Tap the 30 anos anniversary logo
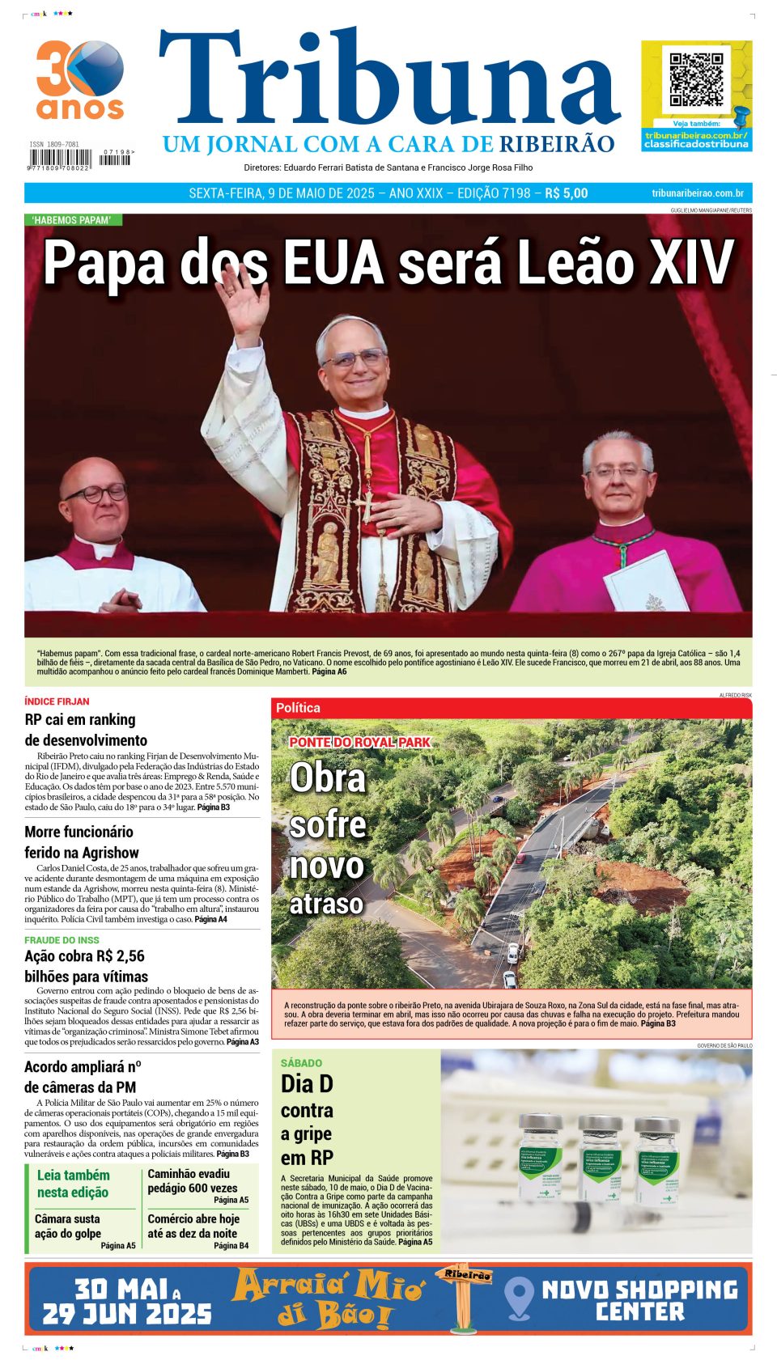pos(80,79)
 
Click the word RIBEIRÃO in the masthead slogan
pos(557,145)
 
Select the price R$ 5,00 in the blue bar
pos(567,193)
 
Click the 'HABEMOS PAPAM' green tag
pos(71,220)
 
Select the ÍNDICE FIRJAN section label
pos(57,701)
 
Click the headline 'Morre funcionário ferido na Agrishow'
pos(81,841)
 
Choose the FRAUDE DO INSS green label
pos(62,940)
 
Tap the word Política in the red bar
pos(298,708)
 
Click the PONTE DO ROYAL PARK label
pos(359,742)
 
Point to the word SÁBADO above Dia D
pos(301,1063)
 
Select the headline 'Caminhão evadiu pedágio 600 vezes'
pos(192,1180)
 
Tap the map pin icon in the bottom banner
pos(519,1298)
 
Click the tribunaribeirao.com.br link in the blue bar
pos(697,193)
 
